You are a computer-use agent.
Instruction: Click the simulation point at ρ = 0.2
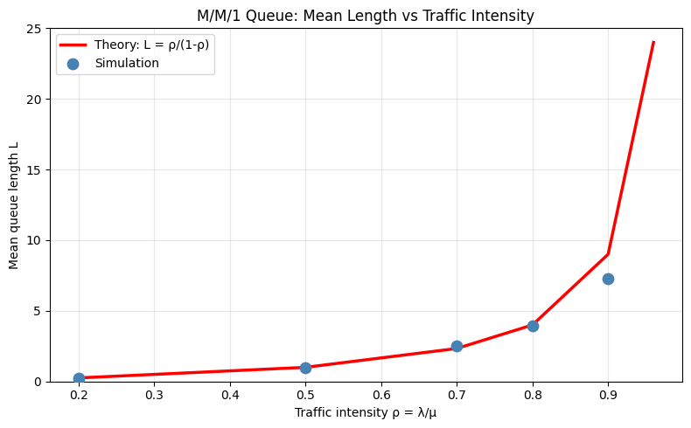pos(79,378)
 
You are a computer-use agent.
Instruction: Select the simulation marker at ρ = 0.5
pos(305,368)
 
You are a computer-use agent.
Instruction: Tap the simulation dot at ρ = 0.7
pos(457,346)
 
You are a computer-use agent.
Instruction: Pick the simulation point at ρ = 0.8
pos(533,326)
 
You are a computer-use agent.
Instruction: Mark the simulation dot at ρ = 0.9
pos(608,279)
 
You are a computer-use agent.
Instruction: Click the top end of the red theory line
pos(653,42)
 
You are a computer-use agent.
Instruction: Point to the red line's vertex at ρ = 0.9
pos(608,254)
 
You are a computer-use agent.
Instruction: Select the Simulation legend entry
pos(127,63)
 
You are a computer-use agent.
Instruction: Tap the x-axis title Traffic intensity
pos(366,412)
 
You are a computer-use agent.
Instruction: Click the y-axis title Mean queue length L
pos(14,205)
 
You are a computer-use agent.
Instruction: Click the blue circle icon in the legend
pos(73,63)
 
